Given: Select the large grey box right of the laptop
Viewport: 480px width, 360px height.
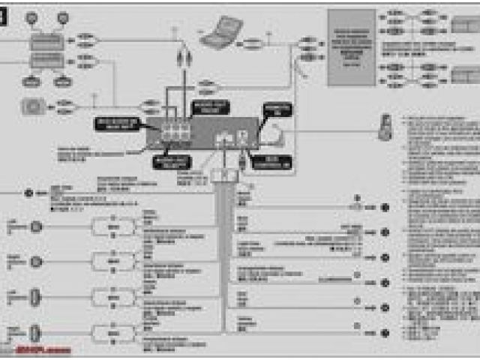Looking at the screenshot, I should tap(351, 46).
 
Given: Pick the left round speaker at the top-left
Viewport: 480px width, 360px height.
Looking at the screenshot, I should tap(31, 16).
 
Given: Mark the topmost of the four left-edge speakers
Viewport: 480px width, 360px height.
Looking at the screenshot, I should tap(35, 226).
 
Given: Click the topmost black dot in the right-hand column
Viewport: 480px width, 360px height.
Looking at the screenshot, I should tap(385, 205).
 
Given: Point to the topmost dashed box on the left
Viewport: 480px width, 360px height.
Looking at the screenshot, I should tap(113, 226).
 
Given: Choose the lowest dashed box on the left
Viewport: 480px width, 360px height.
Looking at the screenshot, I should tap(113, 331).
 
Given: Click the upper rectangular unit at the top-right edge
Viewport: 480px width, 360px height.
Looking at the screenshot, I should tap(465, 25).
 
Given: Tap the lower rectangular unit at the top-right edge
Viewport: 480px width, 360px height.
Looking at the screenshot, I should tap(465, 75).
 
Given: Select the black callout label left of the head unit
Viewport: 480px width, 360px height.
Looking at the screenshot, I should tap(119, 124).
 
